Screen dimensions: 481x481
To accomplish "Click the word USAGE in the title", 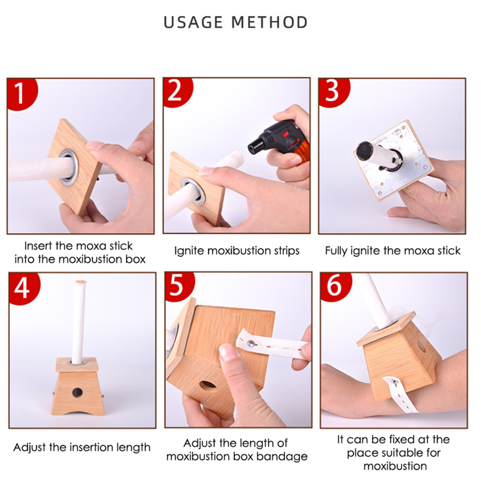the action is pos(193,23).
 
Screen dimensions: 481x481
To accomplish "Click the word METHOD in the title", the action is pos(269,23).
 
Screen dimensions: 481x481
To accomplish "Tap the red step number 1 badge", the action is pos(22,93).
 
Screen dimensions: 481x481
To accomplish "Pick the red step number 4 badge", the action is pos(24,288).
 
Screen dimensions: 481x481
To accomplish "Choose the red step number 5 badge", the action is pos(179,286).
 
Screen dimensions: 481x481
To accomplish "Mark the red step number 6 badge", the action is pos(335,287).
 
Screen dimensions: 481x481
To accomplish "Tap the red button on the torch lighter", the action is pos(286,134).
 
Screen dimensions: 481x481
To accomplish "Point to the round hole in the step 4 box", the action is pos(77,392).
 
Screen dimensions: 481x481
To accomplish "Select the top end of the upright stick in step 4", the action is pos(81,282).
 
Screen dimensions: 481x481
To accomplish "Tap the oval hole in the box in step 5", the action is pos(208,386).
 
